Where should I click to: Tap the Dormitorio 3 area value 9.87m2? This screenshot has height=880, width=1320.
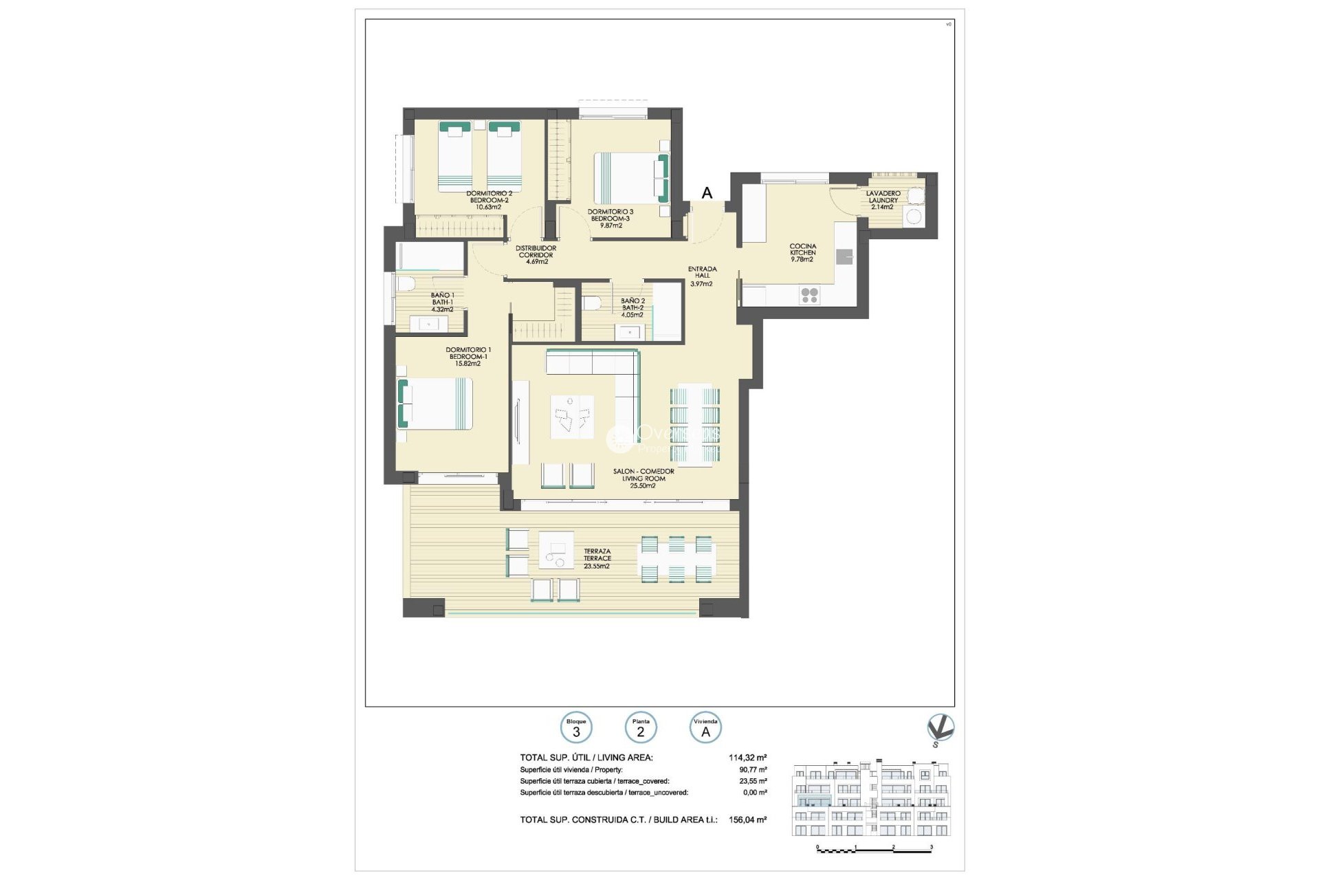tap(610, 225)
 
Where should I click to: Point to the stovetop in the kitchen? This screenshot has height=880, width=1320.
tap(809, 295)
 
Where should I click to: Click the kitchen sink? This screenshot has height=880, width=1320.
tap(844, 256)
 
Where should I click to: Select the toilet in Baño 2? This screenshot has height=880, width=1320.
tap(592, 302)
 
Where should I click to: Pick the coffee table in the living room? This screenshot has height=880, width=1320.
tap(572, 417)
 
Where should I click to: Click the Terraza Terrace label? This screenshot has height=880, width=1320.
tap(597, 558)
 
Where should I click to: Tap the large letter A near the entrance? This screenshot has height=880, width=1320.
tap(707, 194)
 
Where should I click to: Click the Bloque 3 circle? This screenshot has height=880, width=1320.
tap(576, 728)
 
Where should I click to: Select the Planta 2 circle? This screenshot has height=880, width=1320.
tap(641, 728)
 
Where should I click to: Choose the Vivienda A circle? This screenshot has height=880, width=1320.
tap(705, 728)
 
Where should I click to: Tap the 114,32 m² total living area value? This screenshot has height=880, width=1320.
tap(747, 758)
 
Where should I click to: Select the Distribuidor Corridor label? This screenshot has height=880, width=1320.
tap(537, 254)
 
